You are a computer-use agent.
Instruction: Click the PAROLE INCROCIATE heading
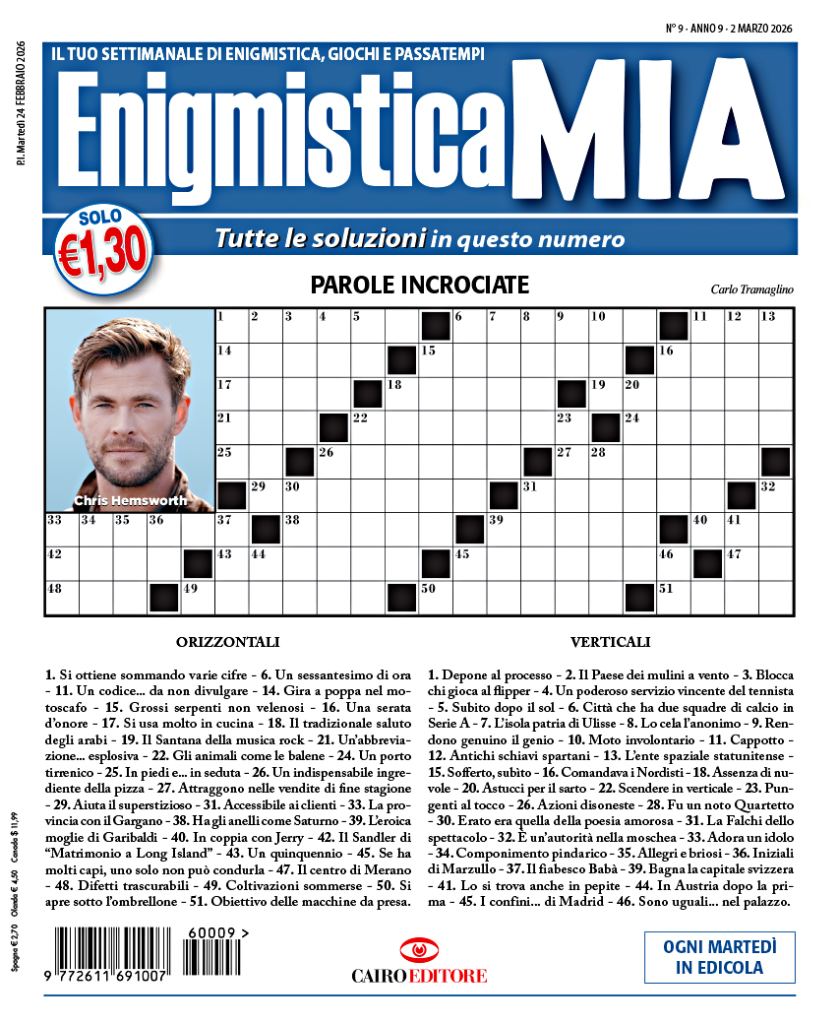[x=419, y=286]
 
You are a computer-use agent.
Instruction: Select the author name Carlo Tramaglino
[x=750, y=289]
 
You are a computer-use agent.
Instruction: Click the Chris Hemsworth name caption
[x=130, y=500]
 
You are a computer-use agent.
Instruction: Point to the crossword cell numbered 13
[x=775, y=326]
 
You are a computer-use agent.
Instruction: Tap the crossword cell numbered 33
[x=62, y=529]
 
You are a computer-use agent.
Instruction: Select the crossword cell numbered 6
[x=468, y=326]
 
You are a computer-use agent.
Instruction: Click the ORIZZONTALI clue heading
[x=228, y=642]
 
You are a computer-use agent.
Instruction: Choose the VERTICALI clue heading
[x=610, y=642]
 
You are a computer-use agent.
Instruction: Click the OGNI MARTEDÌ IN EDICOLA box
[x=719, y=956]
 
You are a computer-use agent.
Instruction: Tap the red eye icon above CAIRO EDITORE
[x=419, y=950]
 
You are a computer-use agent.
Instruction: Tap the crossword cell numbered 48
[x=62, y=598]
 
